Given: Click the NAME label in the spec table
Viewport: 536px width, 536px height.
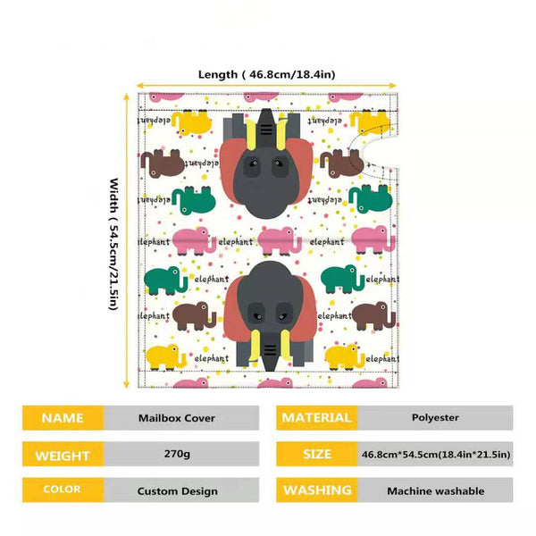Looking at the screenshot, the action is [63, 418].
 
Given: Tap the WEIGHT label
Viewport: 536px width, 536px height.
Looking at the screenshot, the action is [63, 454].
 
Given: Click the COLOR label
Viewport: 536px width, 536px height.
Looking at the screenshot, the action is [63, 490].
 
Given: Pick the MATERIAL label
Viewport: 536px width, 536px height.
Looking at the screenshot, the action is [317, 418].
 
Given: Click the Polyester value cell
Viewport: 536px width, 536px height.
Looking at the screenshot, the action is [435, 418].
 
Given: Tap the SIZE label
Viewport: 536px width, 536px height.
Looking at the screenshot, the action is [317, 454].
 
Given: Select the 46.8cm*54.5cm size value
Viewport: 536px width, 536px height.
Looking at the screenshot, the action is [435, 454].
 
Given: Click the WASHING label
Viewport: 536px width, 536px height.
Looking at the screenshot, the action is [317, 490].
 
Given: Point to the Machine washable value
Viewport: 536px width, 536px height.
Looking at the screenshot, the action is [435, 490].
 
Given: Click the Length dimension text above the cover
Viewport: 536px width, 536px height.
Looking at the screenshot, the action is [266, 74].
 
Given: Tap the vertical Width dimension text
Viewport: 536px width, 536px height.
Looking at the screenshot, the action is [113, 244].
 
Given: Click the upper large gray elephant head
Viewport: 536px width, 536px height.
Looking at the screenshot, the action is [266, 163].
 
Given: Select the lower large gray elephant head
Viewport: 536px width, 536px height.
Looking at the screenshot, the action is [270, 316].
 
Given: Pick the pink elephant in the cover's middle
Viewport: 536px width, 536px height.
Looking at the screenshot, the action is [280, 241].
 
